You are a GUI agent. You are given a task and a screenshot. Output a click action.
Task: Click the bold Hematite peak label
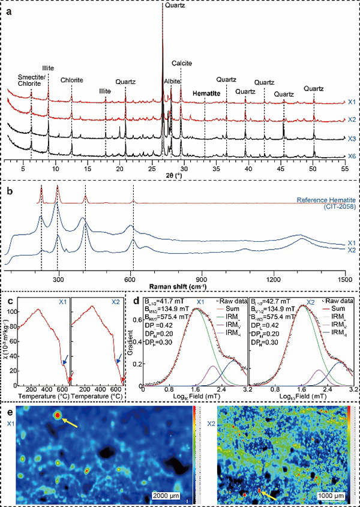tap(205, 94)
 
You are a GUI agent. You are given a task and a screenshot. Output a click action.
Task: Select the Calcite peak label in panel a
tap(182, 63)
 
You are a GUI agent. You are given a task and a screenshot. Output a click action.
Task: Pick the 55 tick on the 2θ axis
tap(344, 170)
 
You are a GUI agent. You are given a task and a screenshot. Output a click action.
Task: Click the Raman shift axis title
tap(178, 288)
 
